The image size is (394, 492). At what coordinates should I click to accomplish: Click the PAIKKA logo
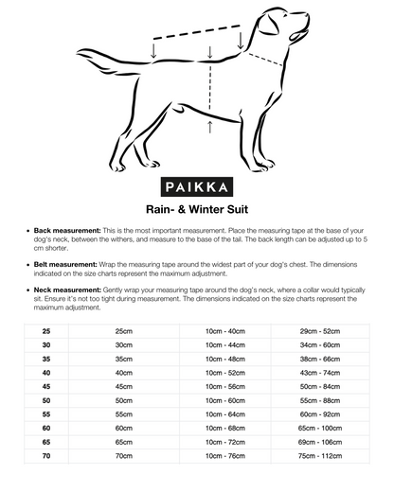click(197, 186)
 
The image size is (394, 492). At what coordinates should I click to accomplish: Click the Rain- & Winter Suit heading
click(197, 209)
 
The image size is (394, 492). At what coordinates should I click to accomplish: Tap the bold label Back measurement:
click(67, 231)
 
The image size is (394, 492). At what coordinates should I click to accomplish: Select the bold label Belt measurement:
click(65, 264)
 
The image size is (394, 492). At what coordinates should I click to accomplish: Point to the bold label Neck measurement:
click(67, 290)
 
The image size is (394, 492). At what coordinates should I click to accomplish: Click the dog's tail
click(111, 61)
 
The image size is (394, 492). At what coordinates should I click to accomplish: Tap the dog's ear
click(269, 25)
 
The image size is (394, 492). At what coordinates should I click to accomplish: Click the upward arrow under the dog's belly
click(210, 127)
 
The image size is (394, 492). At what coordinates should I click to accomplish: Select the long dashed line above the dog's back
click(196, 32)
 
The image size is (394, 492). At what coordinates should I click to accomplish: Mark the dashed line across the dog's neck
click(265, 60)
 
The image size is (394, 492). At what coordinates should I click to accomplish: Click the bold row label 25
click(46, 331)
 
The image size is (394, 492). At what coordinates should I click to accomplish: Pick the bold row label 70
click(46, 456)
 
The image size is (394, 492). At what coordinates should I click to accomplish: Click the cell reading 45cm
click(124, 387)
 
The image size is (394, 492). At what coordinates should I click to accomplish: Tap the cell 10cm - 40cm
click(225, 331)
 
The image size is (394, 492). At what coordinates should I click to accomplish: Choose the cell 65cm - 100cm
click(320, 429)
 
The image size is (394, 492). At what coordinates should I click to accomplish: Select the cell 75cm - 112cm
click(320, 456)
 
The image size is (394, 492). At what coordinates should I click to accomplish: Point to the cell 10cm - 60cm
click(225, 400)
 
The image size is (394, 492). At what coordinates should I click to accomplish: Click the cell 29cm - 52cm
click(320, 331)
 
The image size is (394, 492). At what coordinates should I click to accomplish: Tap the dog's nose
click(306, 15)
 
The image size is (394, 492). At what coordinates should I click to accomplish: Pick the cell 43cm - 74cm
click(320, 373)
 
